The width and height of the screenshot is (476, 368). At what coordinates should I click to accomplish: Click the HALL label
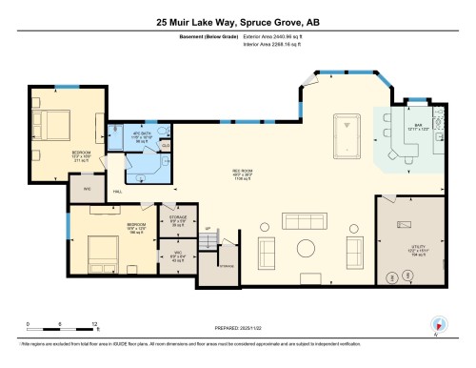[x=117, y=192]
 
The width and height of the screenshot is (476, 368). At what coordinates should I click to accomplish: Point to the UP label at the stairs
[x=208, y=228]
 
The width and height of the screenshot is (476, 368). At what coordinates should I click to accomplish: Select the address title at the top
[x=237, y=20]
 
